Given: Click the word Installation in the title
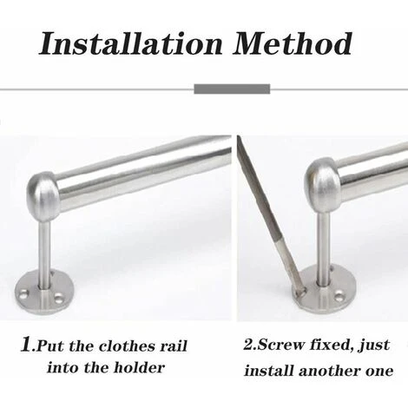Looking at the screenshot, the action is pyautogui.click(x=131, y=43).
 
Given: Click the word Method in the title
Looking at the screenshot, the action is pyautogui.click(x=293, y=43).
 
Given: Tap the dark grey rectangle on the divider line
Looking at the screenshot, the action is pyautogui.click(x=232, y=89).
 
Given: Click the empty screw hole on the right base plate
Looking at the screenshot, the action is pyautogui.click(x=339, y=297).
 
